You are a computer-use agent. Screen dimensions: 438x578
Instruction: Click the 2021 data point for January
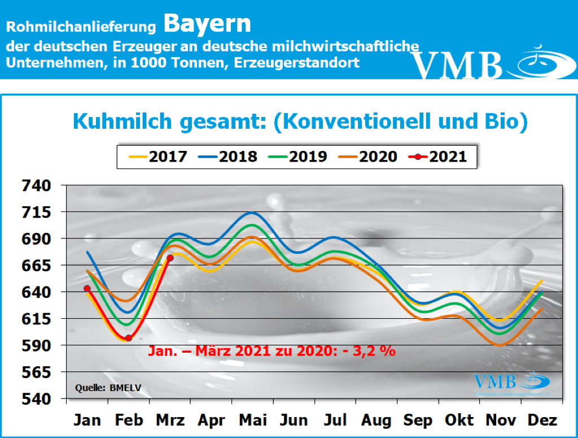click(87, 288)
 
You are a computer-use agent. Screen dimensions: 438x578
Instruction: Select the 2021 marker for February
click(129, 338)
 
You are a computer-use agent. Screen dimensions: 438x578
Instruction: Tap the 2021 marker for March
click(170, 258)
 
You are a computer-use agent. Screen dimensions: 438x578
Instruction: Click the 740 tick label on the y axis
click(36, 185)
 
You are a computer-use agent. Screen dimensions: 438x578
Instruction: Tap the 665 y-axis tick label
click(36, 266)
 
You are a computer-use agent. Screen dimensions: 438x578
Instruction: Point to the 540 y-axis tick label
click(36, 399)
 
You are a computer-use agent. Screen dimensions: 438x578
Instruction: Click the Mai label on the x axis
click(252, 420)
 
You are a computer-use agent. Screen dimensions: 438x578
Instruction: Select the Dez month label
click(542, 420)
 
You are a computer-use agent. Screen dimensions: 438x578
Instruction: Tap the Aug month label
click(376, 420)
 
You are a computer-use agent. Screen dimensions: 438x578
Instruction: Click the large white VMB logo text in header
click(457, 66)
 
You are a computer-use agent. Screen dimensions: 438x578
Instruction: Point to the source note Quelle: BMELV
click(100, 388)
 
